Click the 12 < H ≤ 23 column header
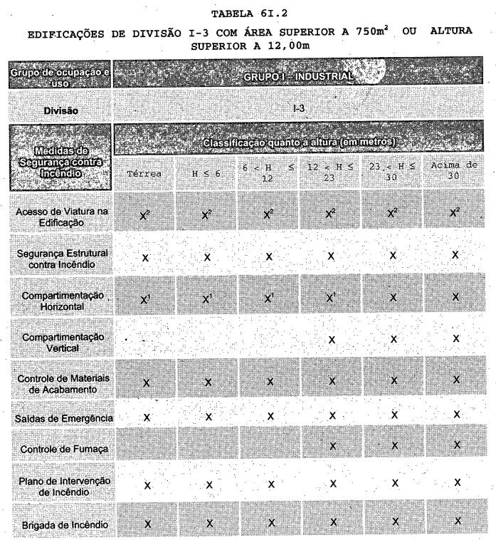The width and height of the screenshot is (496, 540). click(330, 170)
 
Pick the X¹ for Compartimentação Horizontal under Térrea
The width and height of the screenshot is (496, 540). click(147, 295)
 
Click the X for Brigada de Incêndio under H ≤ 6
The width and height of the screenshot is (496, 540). click(209, 523)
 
